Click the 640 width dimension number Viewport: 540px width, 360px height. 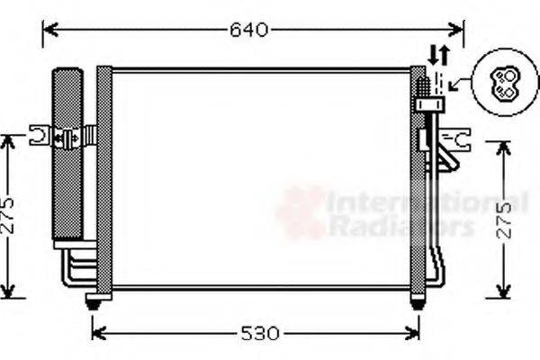[248, 30]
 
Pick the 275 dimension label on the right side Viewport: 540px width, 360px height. [506, 218]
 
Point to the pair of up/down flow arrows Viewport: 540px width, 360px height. [438, 53]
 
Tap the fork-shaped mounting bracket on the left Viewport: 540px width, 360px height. [40, 136]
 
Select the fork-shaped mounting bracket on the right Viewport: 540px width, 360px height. [462, 139]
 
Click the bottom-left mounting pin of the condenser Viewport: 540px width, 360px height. [93, 301]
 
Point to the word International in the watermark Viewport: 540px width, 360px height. [423, 203]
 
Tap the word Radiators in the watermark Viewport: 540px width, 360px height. [400, 227]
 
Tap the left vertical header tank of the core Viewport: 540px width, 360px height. [104, 180]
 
